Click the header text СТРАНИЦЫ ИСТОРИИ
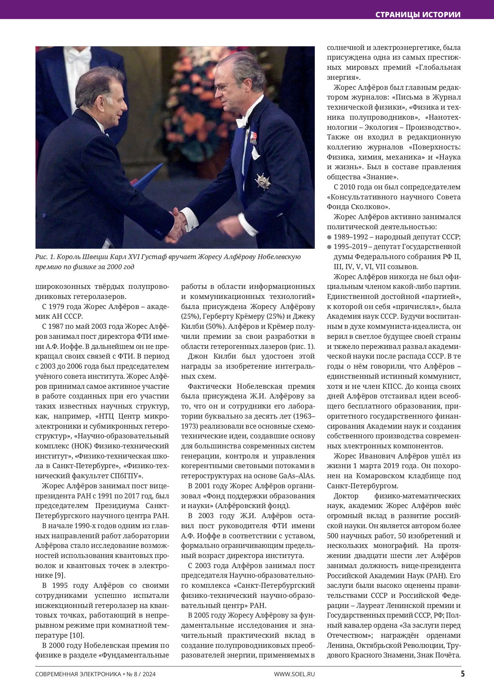(x=418, y=15)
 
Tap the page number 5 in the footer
(x=463, y=674)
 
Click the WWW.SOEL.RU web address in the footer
(x=294, y=674)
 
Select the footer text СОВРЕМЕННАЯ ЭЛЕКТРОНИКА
(x=78, y=674)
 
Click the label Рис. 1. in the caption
(x=45, y=257)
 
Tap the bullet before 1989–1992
(x=329, y=237)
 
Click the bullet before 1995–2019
(x=329, y=247)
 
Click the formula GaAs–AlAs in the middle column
(x=297, y=476)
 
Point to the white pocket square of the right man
(x=255, y=154)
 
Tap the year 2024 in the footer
(x=149, y=674)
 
